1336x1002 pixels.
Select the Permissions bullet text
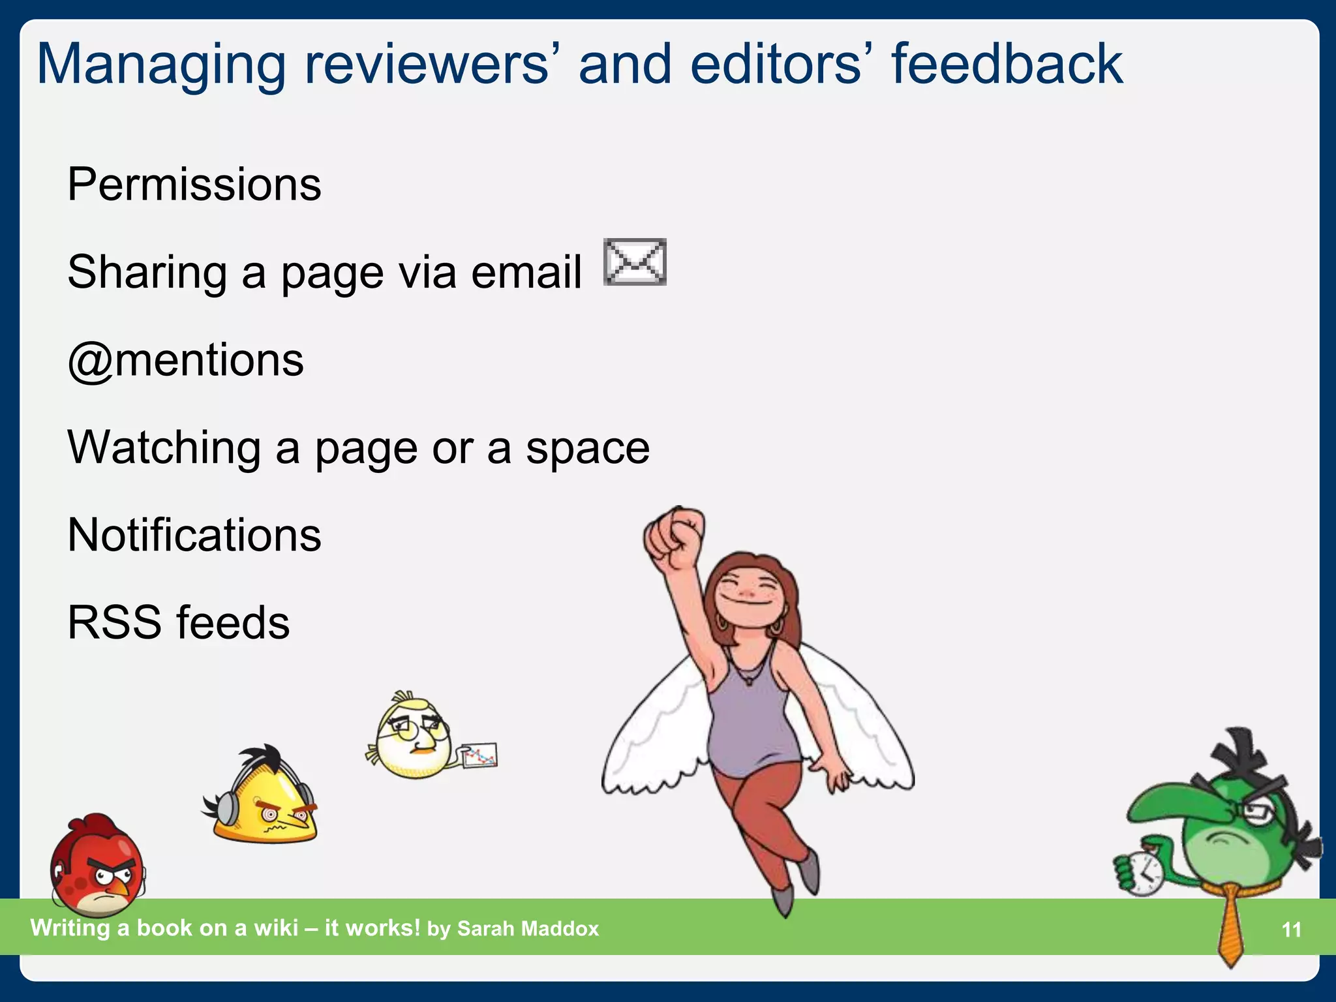pyautogui.click(x=194, y=185)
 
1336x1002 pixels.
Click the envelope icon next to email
pyautogui.click(x=635, y=262)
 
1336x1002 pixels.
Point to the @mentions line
pyautogui.click(x=186, y=360)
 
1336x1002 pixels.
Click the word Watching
pyautogui.click(x=164, y=448)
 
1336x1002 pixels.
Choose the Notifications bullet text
pyautogui.click(x=194, y=535)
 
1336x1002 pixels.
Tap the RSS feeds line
pyautogui.click(x=178, y=622)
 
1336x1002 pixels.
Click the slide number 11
pyautogui.click(x=1291, y=930)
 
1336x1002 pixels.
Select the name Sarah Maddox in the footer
pyautogui.click(x=528, y=928)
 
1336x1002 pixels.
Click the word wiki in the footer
pyautogui.click(x=276, y=928)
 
